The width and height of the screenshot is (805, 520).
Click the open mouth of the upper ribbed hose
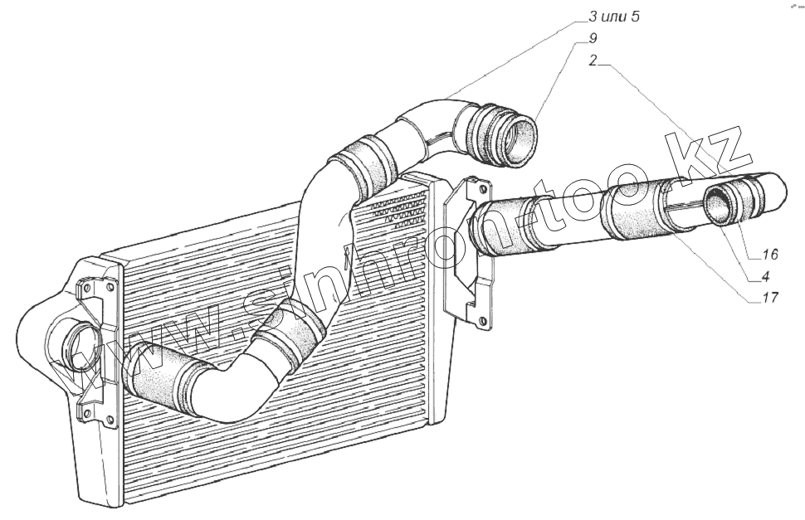tap(520, 139)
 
